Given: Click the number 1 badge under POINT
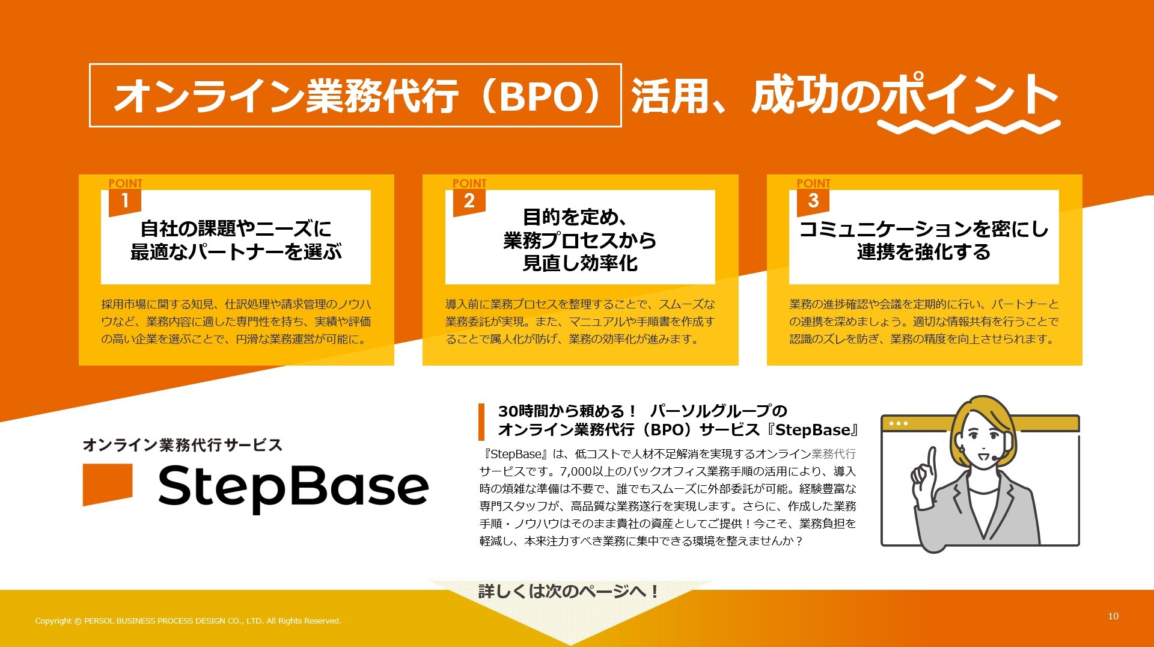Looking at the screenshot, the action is (x=124, y=202).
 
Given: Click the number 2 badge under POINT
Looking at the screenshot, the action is (x=469, y=202).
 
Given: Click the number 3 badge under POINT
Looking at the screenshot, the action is (x=813, y=202).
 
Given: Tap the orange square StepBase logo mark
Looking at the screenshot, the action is (x=108, y=484).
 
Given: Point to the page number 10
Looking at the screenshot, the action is (x=1113, y=616).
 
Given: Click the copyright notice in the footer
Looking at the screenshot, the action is (x=188, y=621).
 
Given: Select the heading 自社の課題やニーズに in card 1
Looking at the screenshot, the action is (x=236, y=228).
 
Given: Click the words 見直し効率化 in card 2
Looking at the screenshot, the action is (x=580, y=263).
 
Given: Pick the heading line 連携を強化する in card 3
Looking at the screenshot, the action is (x=924, y=252).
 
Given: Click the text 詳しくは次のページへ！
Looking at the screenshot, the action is (x=569, y=592).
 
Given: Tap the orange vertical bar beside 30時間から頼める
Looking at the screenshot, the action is (x=481, y=422).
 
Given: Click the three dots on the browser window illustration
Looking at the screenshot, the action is (x=899, y=423).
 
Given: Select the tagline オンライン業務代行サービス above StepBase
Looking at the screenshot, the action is (x=183, y=445).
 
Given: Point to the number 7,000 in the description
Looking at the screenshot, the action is (x=576, y=471).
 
